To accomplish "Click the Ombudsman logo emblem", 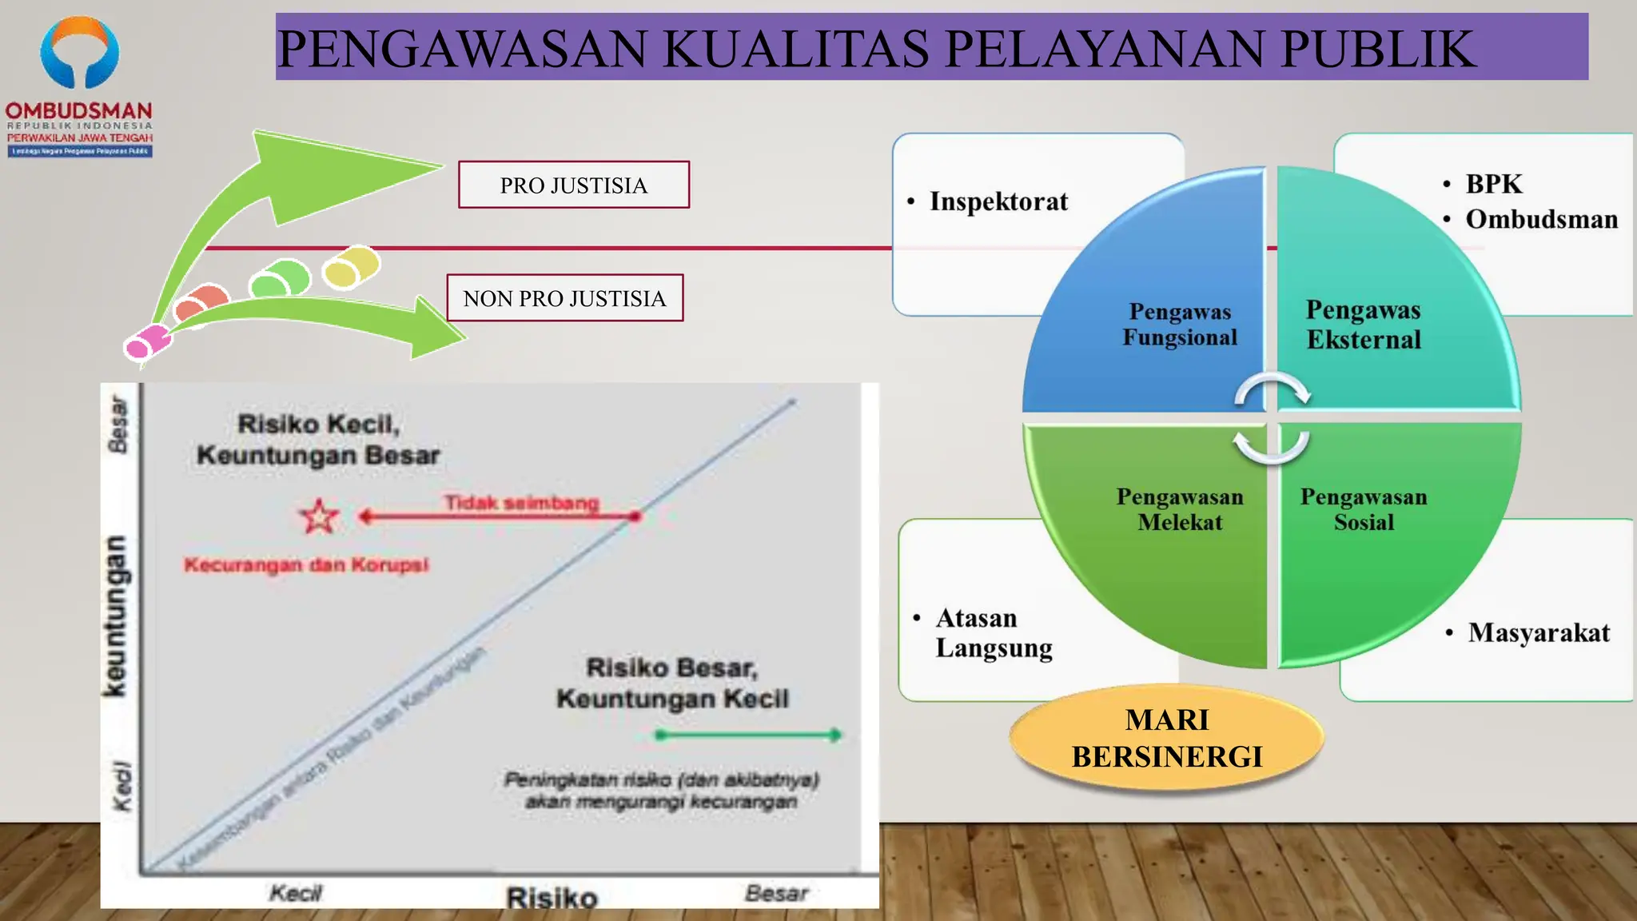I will (x=79, y=53).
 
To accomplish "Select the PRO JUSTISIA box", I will (x=573, y=185).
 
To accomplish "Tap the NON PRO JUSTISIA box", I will (x=564, y=298).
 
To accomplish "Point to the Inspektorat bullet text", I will (x=998, y=201).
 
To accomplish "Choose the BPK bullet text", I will (x=1493, y=184).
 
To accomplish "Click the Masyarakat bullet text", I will (x=1539, y=632).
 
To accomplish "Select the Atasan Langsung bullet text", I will (x=994, y=632).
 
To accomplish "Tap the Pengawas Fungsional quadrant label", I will (x=1180, y=325).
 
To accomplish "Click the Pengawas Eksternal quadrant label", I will (x=1364, y=325).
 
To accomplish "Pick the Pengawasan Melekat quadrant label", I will (x=1180, y=509).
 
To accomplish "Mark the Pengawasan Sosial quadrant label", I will (x=1364, y=509).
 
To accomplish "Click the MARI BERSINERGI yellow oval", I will (x=1167, y=738).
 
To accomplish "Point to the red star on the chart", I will (x=319, y=516).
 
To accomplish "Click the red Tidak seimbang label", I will (x=521, y=503).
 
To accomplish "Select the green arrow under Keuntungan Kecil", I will (x=747, y=735).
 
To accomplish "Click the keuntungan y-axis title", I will (x=115, y=616).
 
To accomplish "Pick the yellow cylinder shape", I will (x=351, y=266).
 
